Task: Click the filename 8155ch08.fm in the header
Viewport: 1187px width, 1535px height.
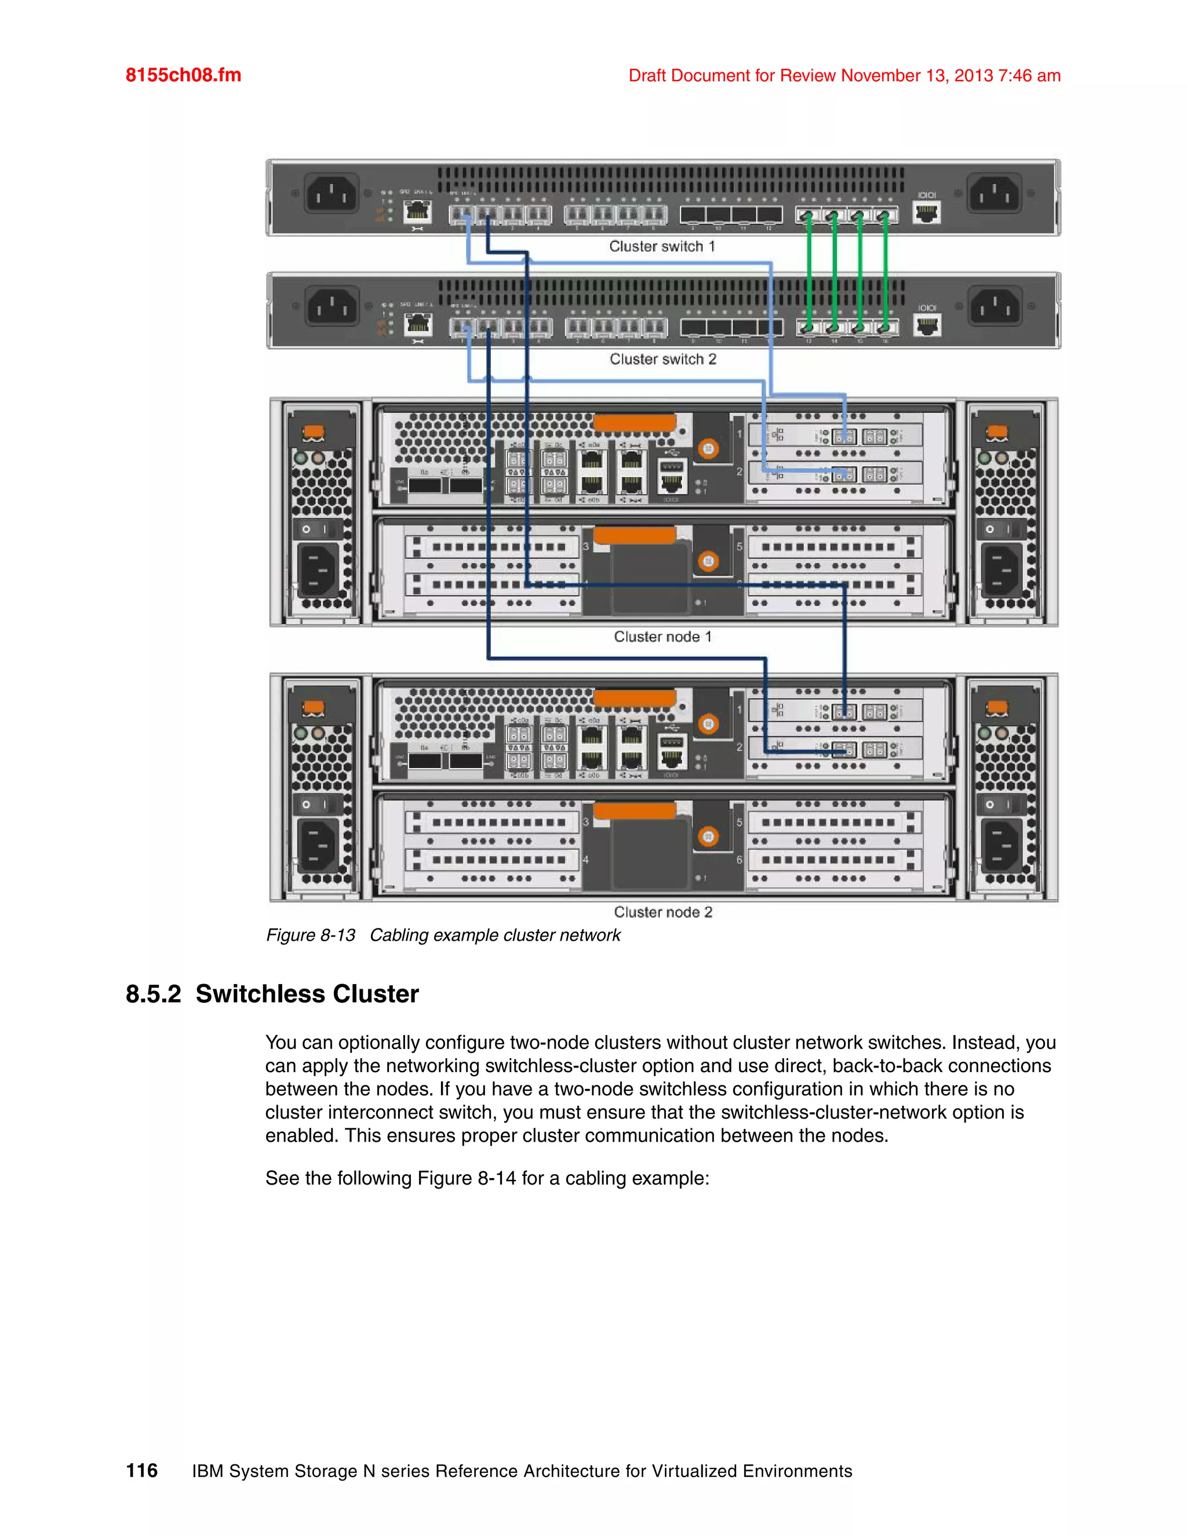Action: click(183, 75)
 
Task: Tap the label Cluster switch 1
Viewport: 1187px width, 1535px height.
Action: click(662, 247)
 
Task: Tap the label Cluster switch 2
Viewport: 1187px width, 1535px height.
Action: click(662, 359)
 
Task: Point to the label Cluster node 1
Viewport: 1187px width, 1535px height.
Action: click(662, 637)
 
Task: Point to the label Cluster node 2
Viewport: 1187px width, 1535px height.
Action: click(662, 912)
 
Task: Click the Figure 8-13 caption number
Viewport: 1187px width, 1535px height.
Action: click(311, 935)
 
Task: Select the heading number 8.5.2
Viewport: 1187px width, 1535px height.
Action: click(153, 994)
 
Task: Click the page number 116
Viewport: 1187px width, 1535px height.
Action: click(141, 1470)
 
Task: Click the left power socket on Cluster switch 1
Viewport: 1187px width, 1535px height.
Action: click(330, 194)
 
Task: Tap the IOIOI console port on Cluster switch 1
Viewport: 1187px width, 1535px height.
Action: click(926, 211)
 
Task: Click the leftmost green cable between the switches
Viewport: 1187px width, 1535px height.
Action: click(809, 271)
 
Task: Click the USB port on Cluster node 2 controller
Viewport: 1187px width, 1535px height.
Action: click(672, 742)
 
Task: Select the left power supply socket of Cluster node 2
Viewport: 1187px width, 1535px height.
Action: click(319, 844)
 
